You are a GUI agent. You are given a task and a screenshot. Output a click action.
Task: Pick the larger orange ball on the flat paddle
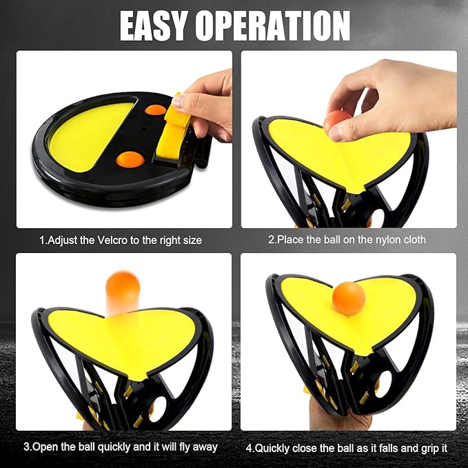tap(130, 159)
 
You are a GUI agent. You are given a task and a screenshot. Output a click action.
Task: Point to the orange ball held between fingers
tap(337, 122)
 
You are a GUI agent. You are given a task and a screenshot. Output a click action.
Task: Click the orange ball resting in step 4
tap(349, 298)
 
